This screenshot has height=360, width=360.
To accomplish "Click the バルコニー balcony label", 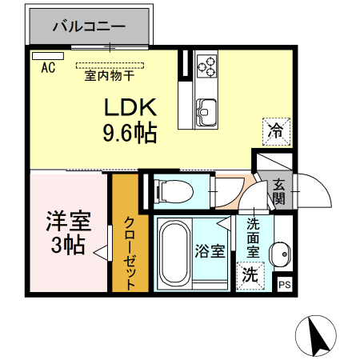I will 89,26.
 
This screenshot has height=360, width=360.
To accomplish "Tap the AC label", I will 47,67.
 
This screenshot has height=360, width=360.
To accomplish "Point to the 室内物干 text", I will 109,78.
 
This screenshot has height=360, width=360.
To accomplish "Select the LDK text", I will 131,108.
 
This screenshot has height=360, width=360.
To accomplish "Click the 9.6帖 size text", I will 129,133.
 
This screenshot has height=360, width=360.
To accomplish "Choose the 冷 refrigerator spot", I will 275,128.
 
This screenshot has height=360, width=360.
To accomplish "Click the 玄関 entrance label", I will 278,192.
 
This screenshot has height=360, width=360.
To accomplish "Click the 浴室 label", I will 210,250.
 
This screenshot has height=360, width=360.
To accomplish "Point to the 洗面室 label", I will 253,238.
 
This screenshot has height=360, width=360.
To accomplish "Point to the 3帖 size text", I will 67,246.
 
